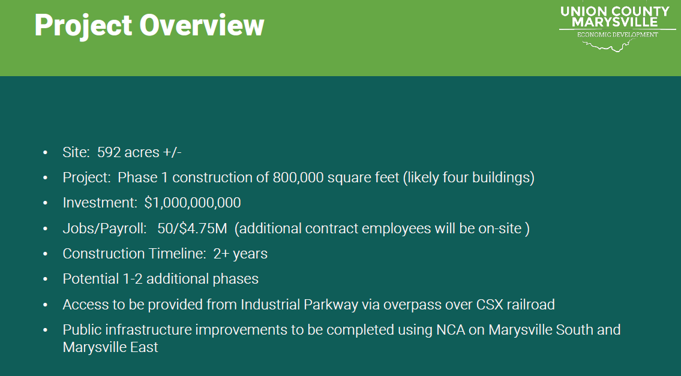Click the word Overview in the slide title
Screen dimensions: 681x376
[x=202, y=25]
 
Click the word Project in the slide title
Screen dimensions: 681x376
[x=83, y=26]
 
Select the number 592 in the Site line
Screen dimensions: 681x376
[x=109, y=152]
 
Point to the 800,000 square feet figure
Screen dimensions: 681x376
[x=336, y=178]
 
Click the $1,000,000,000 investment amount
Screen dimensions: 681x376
[x=193, y=203]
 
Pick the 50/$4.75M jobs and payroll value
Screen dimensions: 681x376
[x=192, y=228]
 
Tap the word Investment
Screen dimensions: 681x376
[x=100, y=203]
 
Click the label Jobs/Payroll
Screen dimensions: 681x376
[x=104, y=228]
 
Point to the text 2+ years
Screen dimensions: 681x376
[x=240, y=254]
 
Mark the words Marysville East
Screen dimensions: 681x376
[x=110, y=347]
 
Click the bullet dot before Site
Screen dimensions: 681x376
[x=45, y=152]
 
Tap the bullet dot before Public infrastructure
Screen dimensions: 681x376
[x=45, y=330]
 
